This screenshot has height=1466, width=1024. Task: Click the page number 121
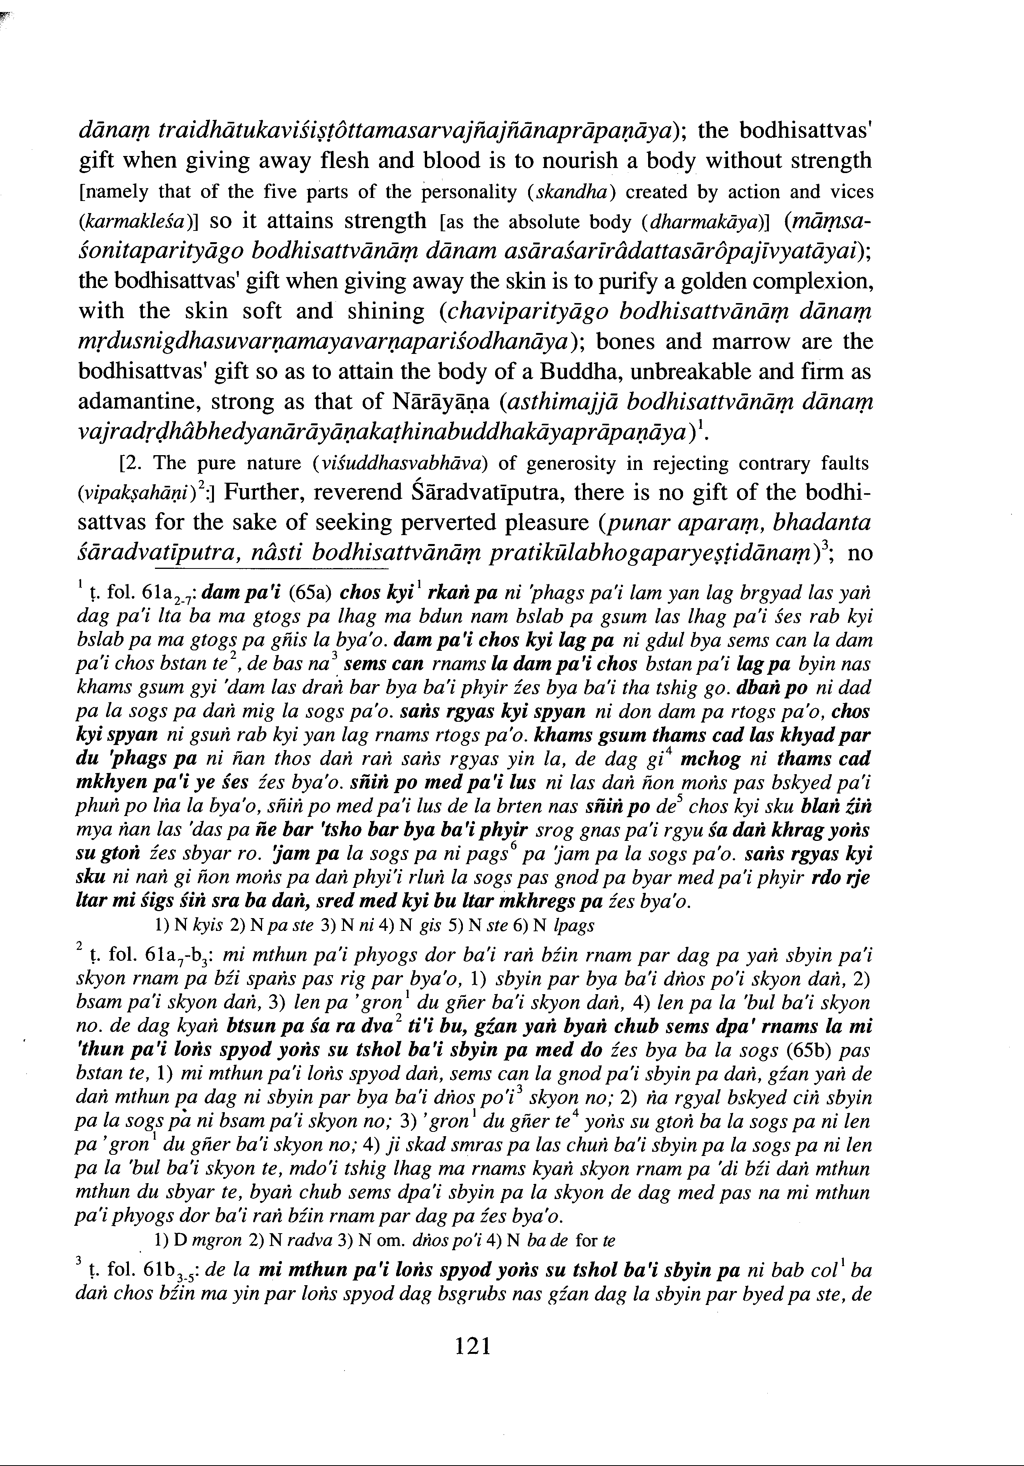473,1346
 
